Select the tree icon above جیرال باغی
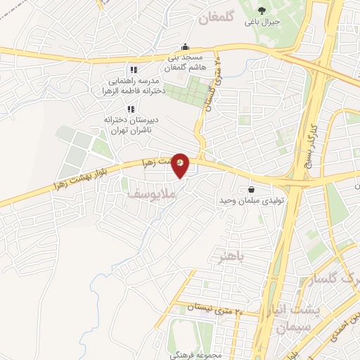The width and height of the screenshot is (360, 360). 262,10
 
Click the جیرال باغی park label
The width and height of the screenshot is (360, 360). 262,22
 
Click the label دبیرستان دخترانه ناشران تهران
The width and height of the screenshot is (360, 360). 131,125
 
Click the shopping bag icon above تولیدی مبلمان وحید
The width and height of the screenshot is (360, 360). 251,188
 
